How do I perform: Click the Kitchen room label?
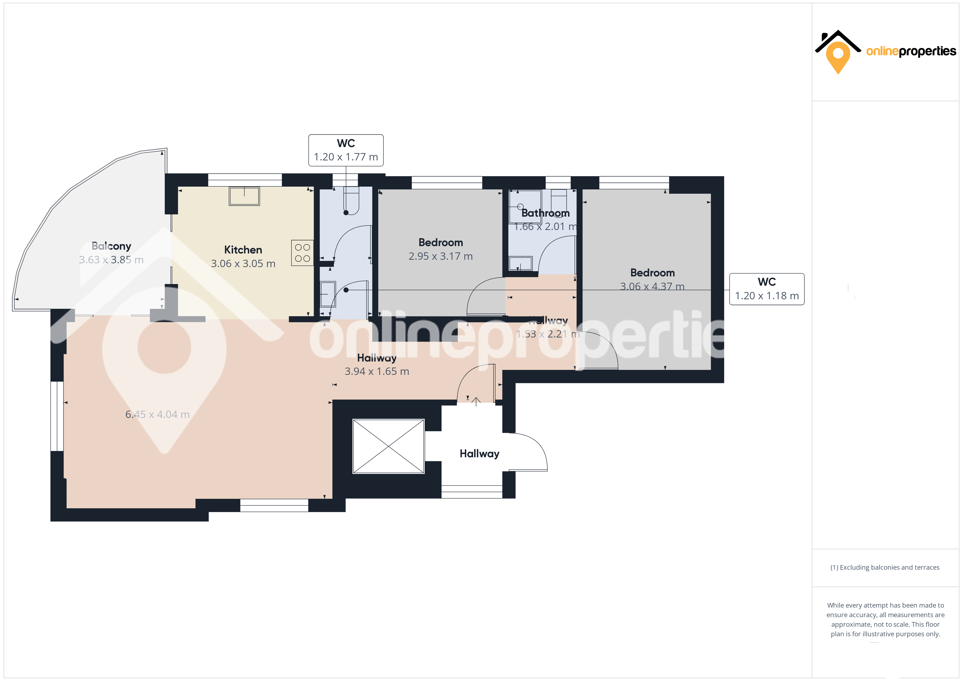[243, 250]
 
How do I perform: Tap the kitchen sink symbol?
[244, 196]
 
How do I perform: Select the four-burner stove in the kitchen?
[302, 253]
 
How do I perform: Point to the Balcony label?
[111, 246]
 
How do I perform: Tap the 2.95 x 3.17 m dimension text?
[440, 256]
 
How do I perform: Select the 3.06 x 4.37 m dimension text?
[652, 286]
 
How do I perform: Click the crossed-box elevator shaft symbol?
[388, 446]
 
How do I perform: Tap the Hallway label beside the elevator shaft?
[479, 454]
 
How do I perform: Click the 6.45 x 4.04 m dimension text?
[157, 414]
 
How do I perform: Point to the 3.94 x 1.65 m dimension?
[377, 371]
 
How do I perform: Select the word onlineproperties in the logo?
[911, 51]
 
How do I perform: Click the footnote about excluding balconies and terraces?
[885, 567]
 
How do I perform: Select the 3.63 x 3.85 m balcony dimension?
[111, 259]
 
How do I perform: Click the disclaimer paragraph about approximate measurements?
[885, 619]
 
